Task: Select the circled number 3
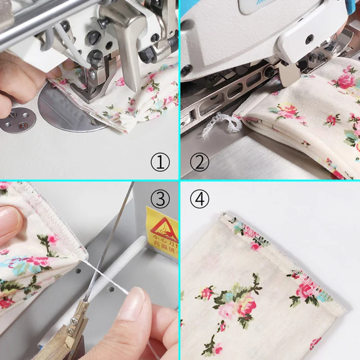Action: point(160,198)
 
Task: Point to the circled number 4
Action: point(199,198)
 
